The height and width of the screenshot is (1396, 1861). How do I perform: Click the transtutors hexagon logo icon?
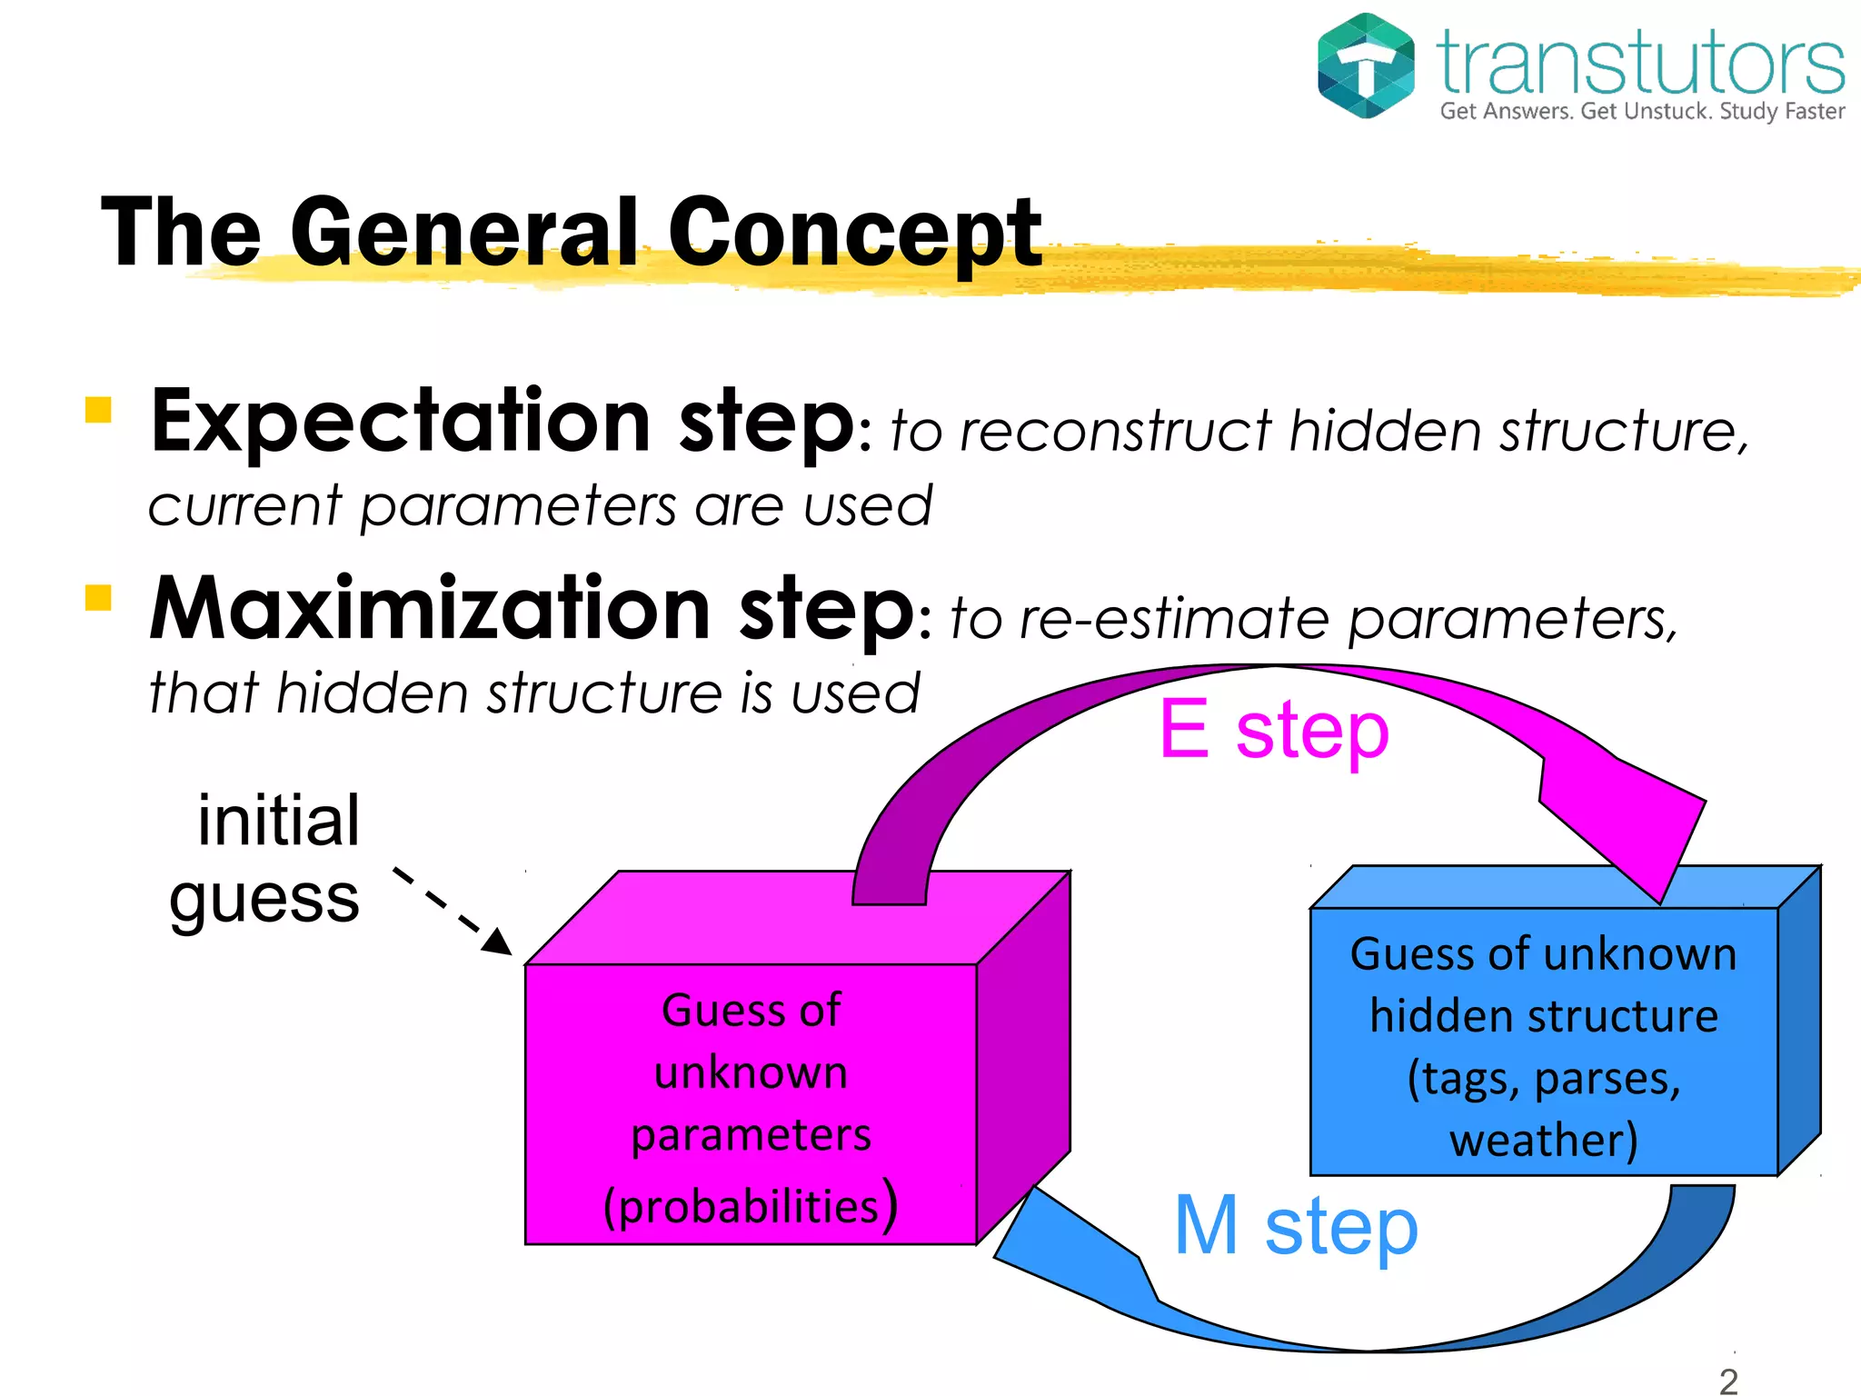point(1366,65)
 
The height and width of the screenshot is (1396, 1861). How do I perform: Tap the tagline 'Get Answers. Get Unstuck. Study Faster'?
point(1642,112)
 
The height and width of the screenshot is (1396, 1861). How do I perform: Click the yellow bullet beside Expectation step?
point(98,410)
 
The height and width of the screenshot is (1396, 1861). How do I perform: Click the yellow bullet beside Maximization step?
point(98,597)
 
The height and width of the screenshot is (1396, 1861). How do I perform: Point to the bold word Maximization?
point(429,608)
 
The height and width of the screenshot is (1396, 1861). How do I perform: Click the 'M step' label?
point(1296,1226)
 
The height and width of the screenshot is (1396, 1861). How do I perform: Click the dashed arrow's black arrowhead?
point(498,942)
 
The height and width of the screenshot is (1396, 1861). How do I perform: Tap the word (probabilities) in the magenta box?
point(751,1205)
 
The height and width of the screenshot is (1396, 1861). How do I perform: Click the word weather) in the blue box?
point(1543,1140)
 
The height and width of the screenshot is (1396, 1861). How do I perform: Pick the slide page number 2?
point(1728,1380)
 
